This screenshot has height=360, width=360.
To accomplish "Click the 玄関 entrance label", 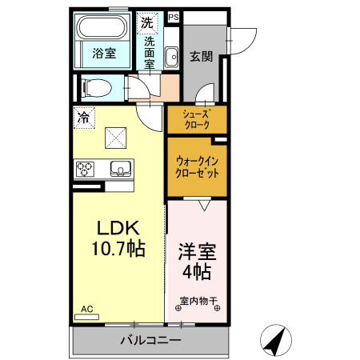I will tap(201, 56).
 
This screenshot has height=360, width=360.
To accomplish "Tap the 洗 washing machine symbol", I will tap(146, 23).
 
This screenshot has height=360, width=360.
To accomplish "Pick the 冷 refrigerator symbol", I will tap(83, 118).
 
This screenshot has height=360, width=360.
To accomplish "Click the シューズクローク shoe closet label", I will tap(197, 119).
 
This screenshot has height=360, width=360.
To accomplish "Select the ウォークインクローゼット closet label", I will tap(197, 166).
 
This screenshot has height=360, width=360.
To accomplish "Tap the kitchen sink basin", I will tap(121, 168).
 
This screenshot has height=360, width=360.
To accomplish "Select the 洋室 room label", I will tap(196, 250).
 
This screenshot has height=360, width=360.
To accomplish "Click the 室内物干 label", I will tap(196, 302).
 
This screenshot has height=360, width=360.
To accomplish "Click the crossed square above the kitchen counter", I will tap(118, 138).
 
